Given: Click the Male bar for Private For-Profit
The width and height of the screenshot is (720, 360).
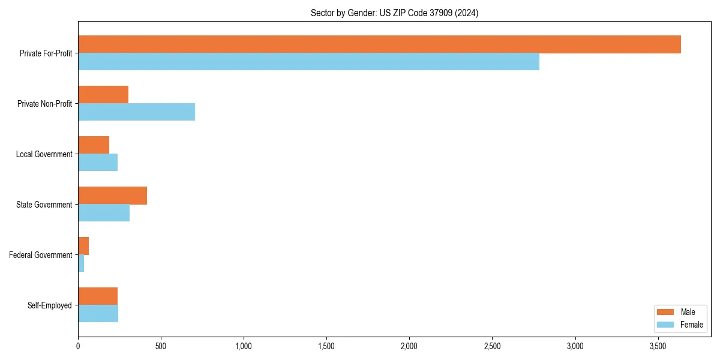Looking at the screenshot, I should click(379, 44).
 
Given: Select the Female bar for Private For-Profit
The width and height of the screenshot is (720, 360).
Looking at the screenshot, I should click(308, 62).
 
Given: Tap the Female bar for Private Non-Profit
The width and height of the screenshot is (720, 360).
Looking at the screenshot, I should click(136, 112).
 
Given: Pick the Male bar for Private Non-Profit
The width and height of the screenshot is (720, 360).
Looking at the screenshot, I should click(103, 95).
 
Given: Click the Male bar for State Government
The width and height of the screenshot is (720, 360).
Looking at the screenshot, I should click(112, 196).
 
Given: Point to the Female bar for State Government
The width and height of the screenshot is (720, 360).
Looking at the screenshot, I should click(104, 213).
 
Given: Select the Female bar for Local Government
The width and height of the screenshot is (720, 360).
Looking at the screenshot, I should click(98, 163).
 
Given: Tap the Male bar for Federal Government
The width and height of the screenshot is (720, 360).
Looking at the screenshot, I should click(83, 246).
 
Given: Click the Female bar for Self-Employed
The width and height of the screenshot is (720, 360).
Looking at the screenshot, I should click(98, 314).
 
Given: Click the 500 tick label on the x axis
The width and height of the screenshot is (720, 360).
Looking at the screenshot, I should click(161, 347).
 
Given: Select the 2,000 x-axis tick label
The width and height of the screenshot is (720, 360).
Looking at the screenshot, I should click(409, 347).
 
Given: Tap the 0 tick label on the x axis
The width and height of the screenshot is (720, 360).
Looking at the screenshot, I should click(78, 347).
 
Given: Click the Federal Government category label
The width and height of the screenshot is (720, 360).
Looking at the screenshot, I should click(41, 255).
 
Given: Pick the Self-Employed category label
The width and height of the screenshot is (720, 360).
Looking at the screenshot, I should click(50, 305).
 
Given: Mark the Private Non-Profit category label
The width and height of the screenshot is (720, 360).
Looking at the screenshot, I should click(44, 104).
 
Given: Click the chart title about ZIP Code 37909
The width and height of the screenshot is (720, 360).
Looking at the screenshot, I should click(394, 13).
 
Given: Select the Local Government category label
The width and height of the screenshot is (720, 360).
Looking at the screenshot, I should click(44, 154).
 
